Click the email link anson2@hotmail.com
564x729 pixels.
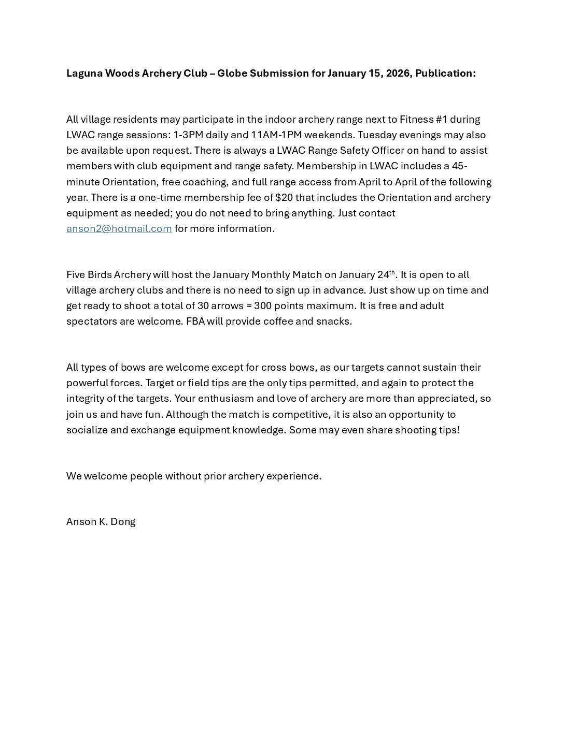(119, 229)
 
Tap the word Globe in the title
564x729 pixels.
(232, 74)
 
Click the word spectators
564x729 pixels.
(91, 321)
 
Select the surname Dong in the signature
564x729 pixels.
(123, 522)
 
